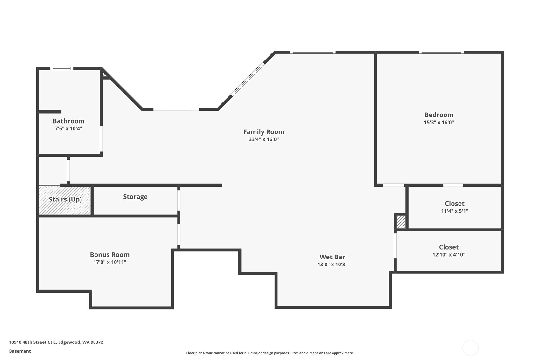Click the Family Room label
pyautogui.click(x=264, y=132)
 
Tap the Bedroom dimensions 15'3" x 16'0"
pyautogui.click(x=439, y=122)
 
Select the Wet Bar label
pyautogui.click(x=332, y=257)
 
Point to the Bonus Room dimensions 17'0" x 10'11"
pyautogui.click(x=110, y=262)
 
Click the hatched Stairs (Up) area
pyautogui.click(x=65, y=200)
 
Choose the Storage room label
pyautogui.click(x=135, y=197)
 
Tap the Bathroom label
pyautogui.click(x=68, y=121)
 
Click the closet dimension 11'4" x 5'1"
pyautogui.click(x=455, y=211)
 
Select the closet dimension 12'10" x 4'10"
pyautogui.click(x=449, y=255)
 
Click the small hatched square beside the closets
pyautogui.click(x=401, y=222)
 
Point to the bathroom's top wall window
pyautogui.click(x=62, y=68)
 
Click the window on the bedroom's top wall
pyautogui.click(x=441, y=52)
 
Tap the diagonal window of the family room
pyautogui.click(x=248, y=79)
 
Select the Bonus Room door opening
pyautogui.click(x=179, y=235)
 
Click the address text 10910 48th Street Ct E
pyautogui.click(x=32, y=342)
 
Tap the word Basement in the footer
pyautogui.click(x=20, y=351)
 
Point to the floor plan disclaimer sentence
pyautogui.click(x=270, y=353)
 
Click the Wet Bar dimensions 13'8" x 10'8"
pyautogui.click(x=332, y=265)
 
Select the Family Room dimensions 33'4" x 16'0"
pyautogui.click(x=264, y=139)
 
